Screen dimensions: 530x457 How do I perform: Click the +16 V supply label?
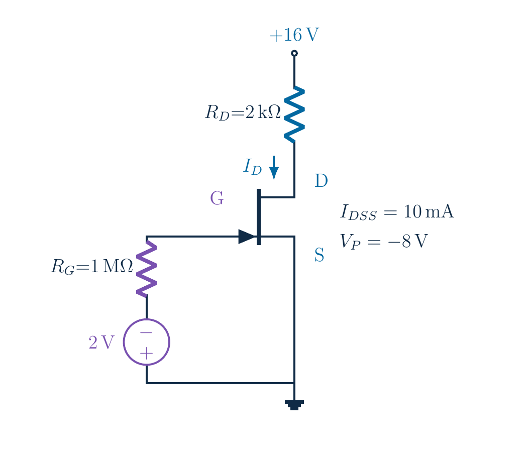(x=294, y=35)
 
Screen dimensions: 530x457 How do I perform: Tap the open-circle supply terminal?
(x=294, y=53)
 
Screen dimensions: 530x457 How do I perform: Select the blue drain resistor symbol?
(x=294, y=115)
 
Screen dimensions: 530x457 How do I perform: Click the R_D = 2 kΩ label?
(x=243, y=112)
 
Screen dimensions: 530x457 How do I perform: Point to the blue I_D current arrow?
(x=274, y=168)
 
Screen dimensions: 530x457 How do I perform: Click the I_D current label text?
(x=253, y=166)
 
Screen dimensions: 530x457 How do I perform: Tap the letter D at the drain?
(x=321, y=180)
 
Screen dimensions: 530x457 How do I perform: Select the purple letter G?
(x=217, y=198)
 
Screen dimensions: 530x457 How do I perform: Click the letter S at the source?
(x=319, y=255)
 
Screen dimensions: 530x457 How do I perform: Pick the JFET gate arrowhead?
(x=247, y=237)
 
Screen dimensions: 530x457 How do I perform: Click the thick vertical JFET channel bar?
(x=259, y=216)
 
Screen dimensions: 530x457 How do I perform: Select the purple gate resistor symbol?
(x=146, y=268)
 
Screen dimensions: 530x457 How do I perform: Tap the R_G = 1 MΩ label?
(x=91, y=266)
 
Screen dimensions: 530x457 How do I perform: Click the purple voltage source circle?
(x=124, y=342)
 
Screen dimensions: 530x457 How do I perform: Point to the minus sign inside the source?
(x=146, y=332)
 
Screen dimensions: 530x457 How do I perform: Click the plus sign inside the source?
(x=146, y=354)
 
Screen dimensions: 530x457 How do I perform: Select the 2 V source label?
(x=101, y=342)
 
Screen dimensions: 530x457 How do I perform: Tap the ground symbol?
(x=294, y=405)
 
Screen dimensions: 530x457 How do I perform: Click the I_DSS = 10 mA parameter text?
(x=397, y=212)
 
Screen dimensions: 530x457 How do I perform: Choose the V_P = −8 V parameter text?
(x=384, y=241)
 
